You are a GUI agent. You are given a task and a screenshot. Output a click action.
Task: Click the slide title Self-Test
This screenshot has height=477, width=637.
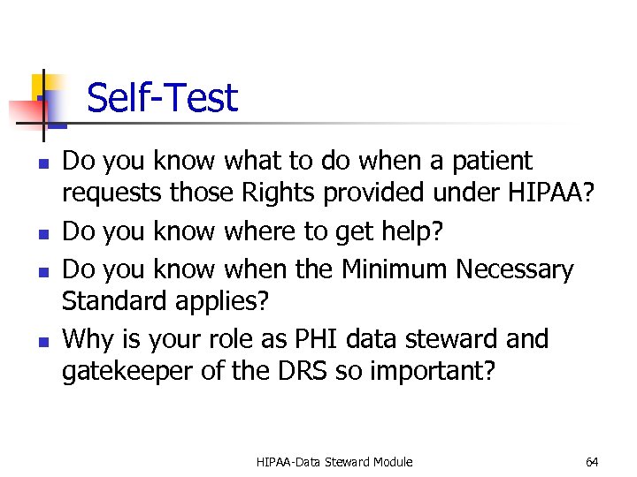162,97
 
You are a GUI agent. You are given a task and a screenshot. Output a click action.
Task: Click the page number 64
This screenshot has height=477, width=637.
592,462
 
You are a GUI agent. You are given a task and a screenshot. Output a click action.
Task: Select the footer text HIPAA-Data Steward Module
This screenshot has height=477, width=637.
334,462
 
